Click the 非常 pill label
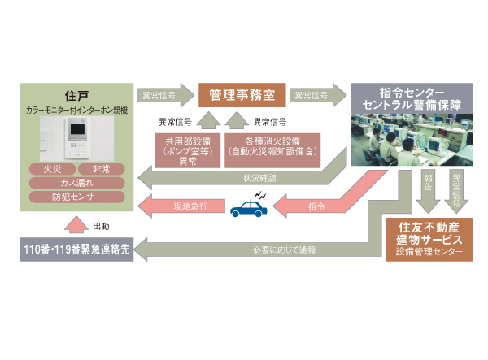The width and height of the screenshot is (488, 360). [102, 169]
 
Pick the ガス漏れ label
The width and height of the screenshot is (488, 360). [76, 183]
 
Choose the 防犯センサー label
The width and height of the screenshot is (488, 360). [76, 197]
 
